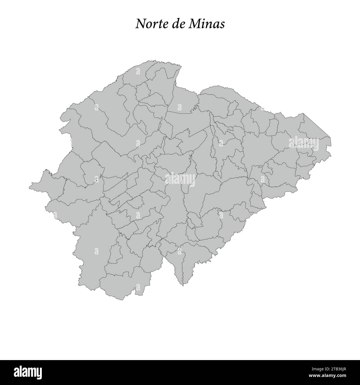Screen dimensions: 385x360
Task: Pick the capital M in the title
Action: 194,24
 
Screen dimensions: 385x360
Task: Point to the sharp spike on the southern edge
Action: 183,284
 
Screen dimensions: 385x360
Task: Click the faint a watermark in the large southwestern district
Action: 96,251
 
